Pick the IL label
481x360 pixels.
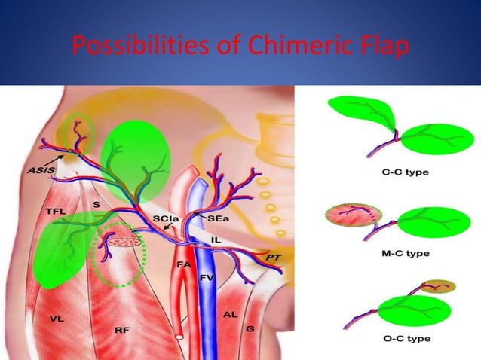point(216,239)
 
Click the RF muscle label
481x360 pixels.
point(119,329)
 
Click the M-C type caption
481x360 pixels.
point(402,254)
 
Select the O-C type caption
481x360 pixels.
point(402,339)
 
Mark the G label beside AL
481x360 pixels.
point(250,329)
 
